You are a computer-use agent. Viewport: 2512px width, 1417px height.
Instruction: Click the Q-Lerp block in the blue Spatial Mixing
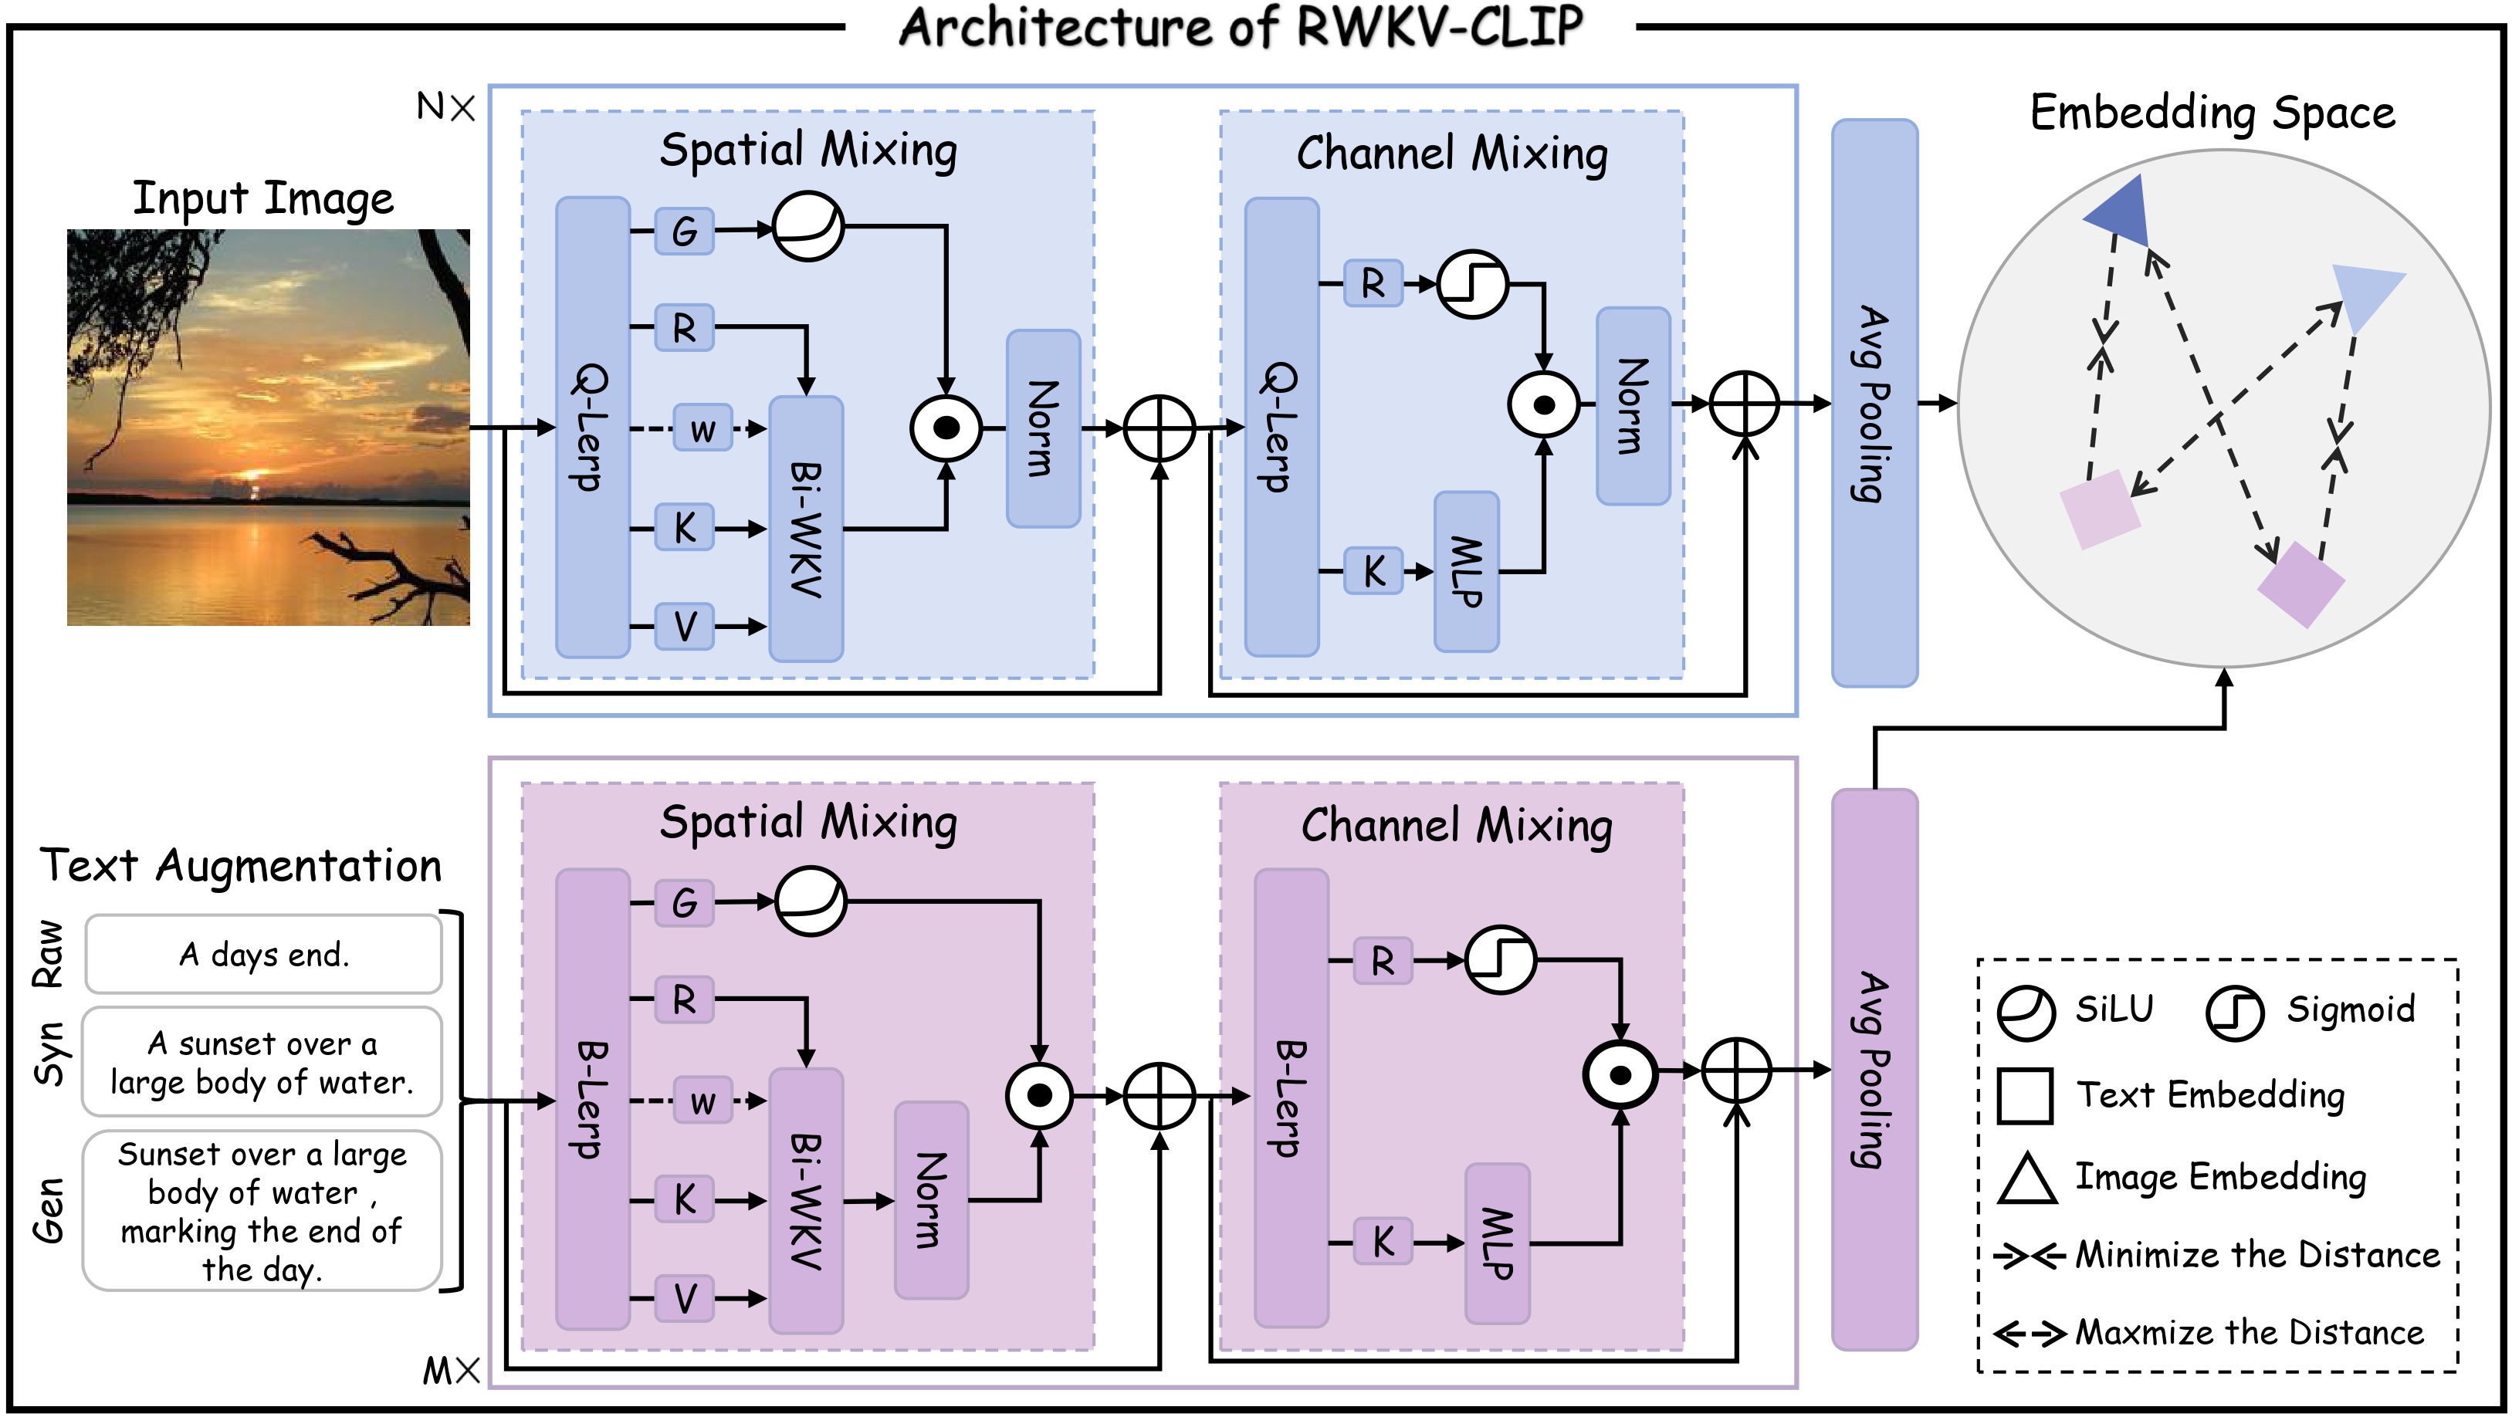(592, 427)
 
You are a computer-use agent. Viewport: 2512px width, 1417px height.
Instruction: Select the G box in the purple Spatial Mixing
(684, 902)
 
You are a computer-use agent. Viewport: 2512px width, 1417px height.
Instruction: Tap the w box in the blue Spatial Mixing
(702, 429)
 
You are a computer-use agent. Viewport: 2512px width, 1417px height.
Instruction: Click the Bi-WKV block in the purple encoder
(805, 1200)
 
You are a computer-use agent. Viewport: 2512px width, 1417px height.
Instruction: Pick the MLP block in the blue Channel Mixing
(1466, 571)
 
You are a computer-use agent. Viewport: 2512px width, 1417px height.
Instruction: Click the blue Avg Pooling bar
(1874, 403)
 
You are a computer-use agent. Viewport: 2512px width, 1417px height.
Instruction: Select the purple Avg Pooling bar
(1874, 1069)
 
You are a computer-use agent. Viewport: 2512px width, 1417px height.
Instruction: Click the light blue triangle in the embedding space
(2370, 296)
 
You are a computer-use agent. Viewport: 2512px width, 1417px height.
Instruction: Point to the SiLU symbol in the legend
(2026, 1013)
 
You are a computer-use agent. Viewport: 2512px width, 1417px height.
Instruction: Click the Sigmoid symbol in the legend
(2234, 1013)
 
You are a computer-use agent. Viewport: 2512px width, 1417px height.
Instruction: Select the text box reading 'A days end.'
(263, 954)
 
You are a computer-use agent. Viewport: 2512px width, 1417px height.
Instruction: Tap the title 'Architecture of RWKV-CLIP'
(1240, 27)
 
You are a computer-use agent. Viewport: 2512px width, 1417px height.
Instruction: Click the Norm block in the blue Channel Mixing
(1633, 406)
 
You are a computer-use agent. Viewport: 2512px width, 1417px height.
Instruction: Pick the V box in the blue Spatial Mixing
(684, 626)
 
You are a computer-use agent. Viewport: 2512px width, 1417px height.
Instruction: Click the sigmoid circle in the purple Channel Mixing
(1500, 959)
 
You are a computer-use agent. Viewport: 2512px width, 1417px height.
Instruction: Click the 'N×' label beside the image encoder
(445, 107)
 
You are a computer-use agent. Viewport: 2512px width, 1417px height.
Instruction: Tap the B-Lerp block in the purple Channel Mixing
(1290, 1097)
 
